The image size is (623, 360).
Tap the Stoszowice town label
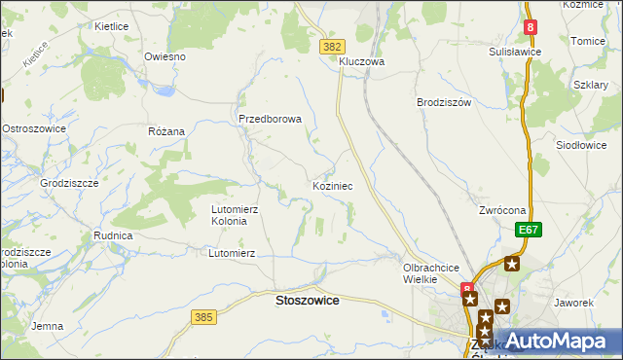[308, 301]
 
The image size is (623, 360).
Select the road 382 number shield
[333, 46]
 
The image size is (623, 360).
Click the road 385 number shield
[203, 317]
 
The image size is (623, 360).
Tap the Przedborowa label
[271, 119]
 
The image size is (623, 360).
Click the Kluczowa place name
[362, 61]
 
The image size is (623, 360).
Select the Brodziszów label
[443, 102]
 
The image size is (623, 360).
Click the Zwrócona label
[502, 210]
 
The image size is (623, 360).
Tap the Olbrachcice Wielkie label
[430, 272]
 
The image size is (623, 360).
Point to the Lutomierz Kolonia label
[236, 215]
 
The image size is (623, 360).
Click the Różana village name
[165, 130]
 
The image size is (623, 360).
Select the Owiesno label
[165, 56]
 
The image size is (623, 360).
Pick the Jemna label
[48, 326]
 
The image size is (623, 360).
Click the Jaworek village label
[573, 303]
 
